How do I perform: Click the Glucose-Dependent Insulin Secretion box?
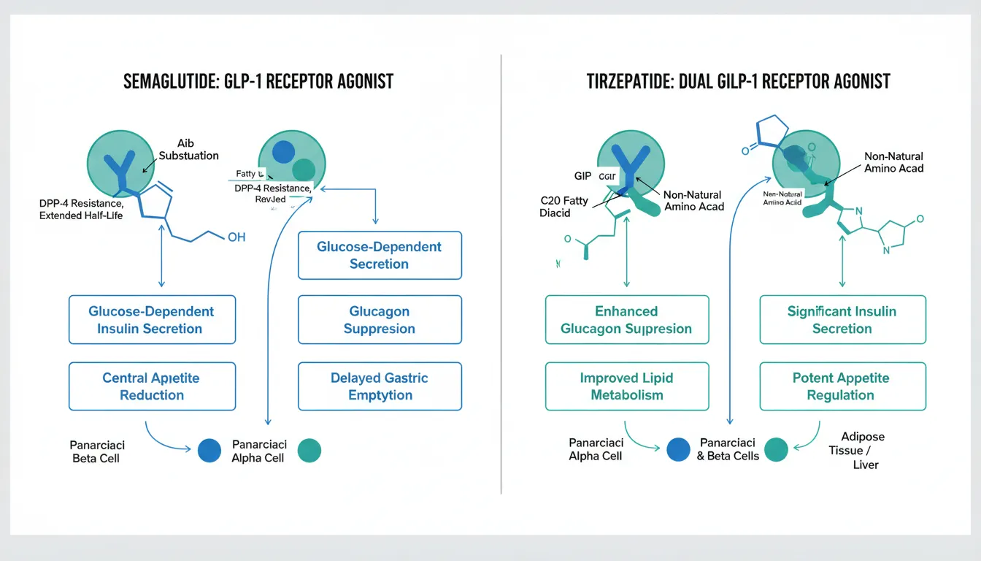click(x=152, y=320)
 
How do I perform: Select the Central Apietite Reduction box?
click(x=152, y=386)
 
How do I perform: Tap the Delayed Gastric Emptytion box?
click(x=380, y=386)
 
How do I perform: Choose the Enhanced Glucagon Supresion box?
click(x=626, y=320)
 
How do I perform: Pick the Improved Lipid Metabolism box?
click(x=626, y=386)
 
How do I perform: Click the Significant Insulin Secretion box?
click(x=842, y=320)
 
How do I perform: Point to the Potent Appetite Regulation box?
click(x=842, y=386)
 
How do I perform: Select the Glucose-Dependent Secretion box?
click(x=380, y=255)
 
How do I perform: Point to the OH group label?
click(x=236, y=237)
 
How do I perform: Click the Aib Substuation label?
click(x=188, y=149)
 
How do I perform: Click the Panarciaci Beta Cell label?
click(x=96, y=451)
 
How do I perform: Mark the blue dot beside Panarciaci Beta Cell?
click(x=209, y=450)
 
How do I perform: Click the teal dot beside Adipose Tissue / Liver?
click(x=777, y=450)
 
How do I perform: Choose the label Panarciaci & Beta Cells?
click(x=728, y=450)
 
